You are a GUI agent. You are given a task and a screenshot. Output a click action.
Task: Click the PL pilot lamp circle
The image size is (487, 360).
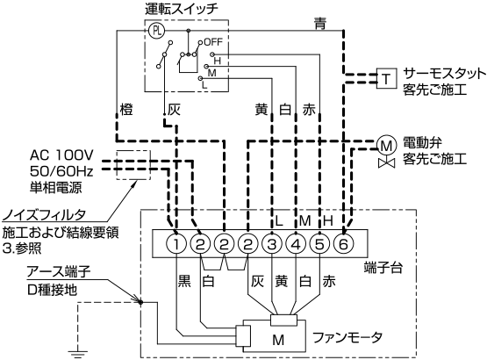[x=156, y=31]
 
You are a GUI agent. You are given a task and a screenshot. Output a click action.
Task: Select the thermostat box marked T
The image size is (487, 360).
[x=386, y=78]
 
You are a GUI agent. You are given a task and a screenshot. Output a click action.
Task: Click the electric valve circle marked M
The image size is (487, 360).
[x=386, y=145]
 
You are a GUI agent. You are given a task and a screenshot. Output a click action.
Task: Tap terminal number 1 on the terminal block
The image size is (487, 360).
[x=176, y=244]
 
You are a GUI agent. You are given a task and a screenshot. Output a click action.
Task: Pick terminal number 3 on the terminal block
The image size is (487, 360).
[x=272, y=244]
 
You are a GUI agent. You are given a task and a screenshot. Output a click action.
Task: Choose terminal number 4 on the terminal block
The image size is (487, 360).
[x=296, y=244]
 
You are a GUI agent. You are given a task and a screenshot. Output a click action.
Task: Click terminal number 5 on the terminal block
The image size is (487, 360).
[x=319, y=244]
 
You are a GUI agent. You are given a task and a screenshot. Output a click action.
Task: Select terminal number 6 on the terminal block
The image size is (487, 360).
[x=343, y=244]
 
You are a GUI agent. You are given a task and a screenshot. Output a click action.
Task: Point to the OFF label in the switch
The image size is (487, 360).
[x=213, y=41]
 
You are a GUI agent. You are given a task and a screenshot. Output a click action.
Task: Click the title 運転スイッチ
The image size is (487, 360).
[x=182, y=9]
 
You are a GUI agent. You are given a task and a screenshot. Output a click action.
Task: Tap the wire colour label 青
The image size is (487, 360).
[x=320, y=24]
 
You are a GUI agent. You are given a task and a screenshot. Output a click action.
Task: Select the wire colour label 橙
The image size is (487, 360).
[x=126, y=110]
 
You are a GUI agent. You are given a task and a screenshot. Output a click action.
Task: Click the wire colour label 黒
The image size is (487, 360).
[x=184, y=281]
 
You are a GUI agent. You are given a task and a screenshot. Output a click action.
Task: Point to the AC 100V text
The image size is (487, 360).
[x=61, y=155]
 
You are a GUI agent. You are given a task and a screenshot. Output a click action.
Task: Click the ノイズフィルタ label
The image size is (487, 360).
[x=44, y=215]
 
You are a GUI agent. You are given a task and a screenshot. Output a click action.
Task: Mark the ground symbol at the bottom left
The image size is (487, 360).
[x=77, y=354]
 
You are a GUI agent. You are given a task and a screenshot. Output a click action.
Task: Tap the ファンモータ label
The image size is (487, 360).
[x=347, y=337]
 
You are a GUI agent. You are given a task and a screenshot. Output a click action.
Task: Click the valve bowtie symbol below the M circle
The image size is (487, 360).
[x=387, y=163]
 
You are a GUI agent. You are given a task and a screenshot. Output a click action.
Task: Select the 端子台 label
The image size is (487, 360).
[x=383, y=268]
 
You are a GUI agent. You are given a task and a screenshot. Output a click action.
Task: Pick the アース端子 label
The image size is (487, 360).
[x=59, y=271]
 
